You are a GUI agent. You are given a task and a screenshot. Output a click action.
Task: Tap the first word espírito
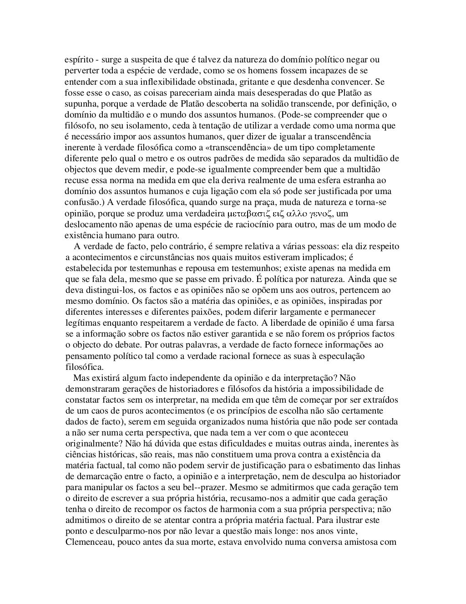pos(79,60)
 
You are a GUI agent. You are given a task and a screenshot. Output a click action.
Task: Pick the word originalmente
pos(92,444)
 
